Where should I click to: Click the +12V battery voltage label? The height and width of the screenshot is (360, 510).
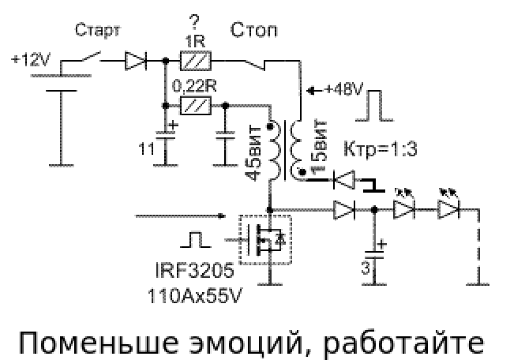click(x=29, y=58)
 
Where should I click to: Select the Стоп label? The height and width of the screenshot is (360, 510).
click(x=254, y=32)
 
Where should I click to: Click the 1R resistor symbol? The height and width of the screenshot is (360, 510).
click(x=197, y=59)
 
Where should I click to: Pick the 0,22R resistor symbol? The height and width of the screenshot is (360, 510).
click(x=197, y=105)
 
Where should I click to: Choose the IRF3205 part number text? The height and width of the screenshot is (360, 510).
click(x=194, y=272)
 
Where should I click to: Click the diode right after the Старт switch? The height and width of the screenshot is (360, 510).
click(x=136, y=59)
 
